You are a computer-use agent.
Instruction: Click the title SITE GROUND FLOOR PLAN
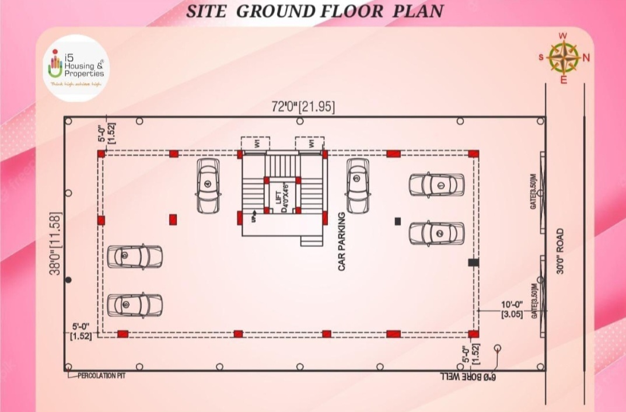point(314,11)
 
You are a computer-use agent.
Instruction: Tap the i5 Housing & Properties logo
point(76,67)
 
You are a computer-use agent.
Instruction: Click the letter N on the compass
point(586,57)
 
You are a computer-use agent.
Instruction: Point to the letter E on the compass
point(564,81)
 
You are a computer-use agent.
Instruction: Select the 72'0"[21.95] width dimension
point(303,107)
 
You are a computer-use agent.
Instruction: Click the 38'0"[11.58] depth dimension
point(57,243)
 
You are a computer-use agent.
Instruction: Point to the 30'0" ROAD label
point(561,251)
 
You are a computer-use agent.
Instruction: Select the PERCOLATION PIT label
point(102,376)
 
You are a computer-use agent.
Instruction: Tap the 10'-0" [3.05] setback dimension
point(513,310)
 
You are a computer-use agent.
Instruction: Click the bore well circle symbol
point(498,348)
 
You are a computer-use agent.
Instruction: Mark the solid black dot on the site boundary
point(68,280)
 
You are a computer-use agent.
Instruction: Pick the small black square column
point(398,221)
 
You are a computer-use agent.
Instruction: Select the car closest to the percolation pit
point(135,305)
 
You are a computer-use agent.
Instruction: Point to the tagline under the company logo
point(76,85)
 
